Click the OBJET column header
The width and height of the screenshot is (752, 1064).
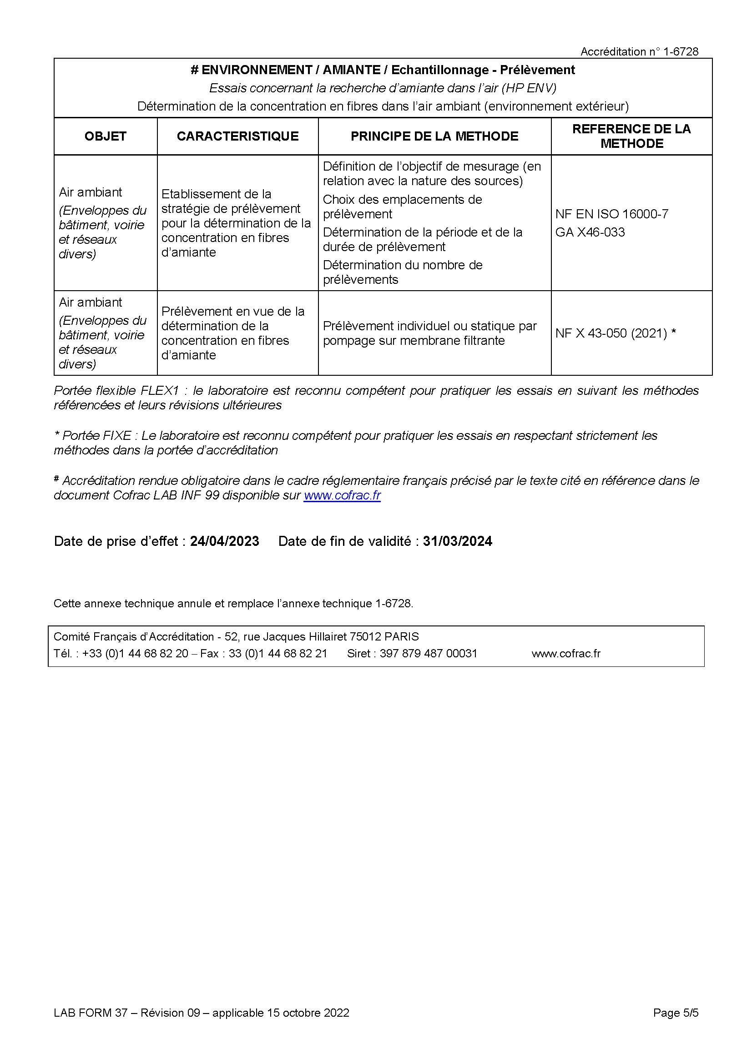click(105, 136)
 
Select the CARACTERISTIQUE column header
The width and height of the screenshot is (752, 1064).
click(237, 136)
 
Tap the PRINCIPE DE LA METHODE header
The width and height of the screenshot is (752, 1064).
click(434, 136)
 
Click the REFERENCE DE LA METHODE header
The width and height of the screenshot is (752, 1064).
click(631, 136)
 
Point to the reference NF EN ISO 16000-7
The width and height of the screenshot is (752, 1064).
click(611, 214)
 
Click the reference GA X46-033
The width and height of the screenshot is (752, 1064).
click(590, 232)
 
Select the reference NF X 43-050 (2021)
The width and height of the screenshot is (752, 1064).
click(611, 333)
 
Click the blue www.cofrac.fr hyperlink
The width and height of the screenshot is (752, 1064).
click(342, 495)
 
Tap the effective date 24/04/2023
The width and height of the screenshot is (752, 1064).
click(224, 541)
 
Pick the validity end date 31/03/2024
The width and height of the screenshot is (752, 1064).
click(457, 541)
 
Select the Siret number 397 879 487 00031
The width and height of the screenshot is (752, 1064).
click(428, 653)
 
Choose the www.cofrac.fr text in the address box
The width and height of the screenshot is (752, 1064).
click(566, 653)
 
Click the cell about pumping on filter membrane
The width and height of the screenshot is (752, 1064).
click(429, 333)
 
